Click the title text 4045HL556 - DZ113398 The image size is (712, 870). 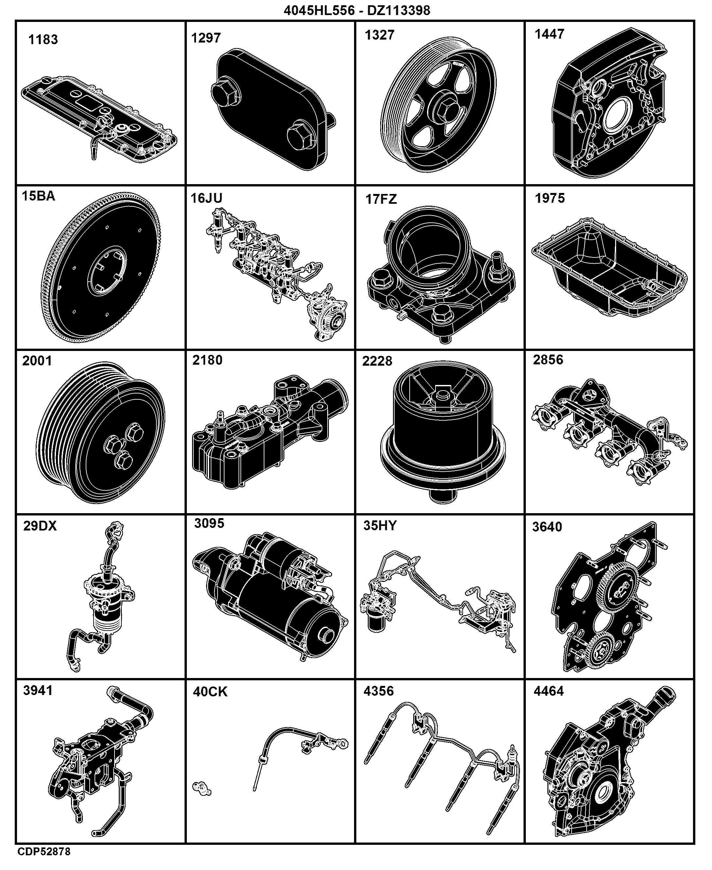(x=357, y=10)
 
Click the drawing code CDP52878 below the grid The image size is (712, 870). (x=44, y=852)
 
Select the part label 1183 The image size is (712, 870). (x=43, y=40)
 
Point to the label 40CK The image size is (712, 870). (x=210, y=692)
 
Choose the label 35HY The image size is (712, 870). (x=380, y=526)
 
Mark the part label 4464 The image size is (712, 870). (x=549, y=691)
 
